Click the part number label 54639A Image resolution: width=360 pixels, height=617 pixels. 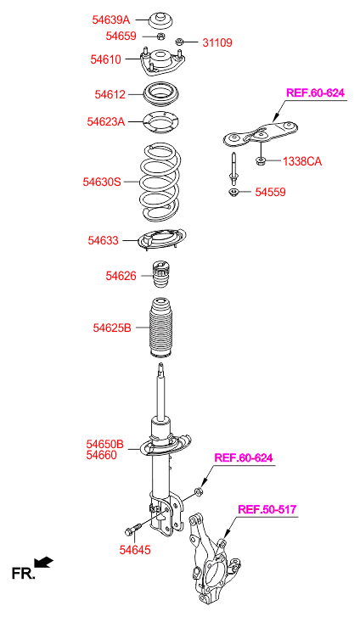click(110, 20)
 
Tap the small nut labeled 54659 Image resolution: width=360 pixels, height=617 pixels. click(160, 36)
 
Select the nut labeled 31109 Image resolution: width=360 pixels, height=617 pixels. click(179, 41)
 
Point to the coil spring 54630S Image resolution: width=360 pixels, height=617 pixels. click(160, 182)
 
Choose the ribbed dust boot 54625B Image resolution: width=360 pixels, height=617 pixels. click(160, 327)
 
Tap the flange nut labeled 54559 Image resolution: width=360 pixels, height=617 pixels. click(234, 193)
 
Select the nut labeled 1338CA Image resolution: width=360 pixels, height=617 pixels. click(261, 160)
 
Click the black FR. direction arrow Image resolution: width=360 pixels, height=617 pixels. click(43, 562)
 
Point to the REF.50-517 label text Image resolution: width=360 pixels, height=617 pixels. click(267, 509)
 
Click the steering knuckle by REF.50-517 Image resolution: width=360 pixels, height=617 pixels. click(213, 558)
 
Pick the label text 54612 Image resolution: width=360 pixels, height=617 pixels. click(110, 94)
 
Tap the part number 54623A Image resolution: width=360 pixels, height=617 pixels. click(105, 121)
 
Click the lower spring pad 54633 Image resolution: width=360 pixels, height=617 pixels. click(161, 238)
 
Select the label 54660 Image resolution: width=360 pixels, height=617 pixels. click(102, 455)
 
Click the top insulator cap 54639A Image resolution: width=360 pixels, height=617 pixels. click(160, 20)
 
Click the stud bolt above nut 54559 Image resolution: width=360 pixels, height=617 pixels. click(233, 168)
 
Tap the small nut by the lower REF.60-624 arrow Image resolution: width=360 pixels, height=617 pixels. click(199, 491)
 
